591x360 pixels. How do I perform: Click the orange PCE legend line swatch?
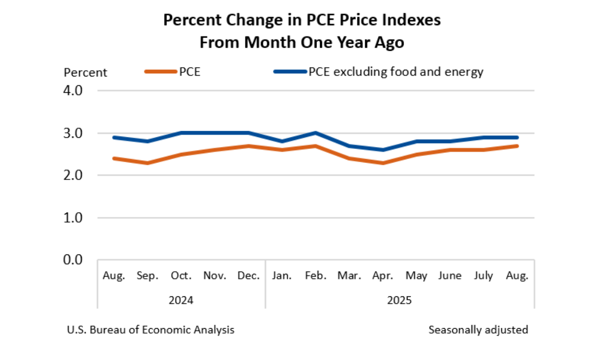(161, 72)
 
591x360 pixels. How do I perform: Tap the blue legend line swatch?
(290, 72)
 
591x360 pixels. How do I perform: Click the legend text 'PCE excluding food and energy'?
(396, 72)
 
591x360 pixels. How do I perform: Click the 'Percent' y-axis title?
(85, 72)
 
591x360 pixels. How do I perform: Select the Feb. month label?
(316, 276)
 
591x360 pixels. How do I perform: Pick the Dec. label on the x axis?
(248, 276)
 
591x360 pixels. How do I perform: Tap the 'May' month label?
(416, 276)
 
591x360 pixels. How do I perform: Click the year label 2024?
(181, 300)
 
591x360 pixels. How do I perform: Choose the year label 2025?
(399, 300)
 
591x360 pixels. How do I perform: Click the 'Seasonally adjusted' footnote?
(478, 330)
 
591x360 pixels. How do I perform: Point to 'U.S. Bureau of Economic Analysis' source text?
(151, 330)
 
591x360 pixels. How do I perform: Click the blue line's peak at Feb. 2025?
(316, 133)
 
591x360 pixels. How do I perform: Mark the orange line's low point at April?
(383, 163)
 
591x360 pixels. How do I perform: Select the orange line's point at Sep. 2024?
(148, 163)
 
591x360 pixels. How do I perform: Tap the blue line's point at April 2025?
(383, 150)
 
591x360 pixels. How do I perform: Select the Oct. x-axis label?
(181, 276)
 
